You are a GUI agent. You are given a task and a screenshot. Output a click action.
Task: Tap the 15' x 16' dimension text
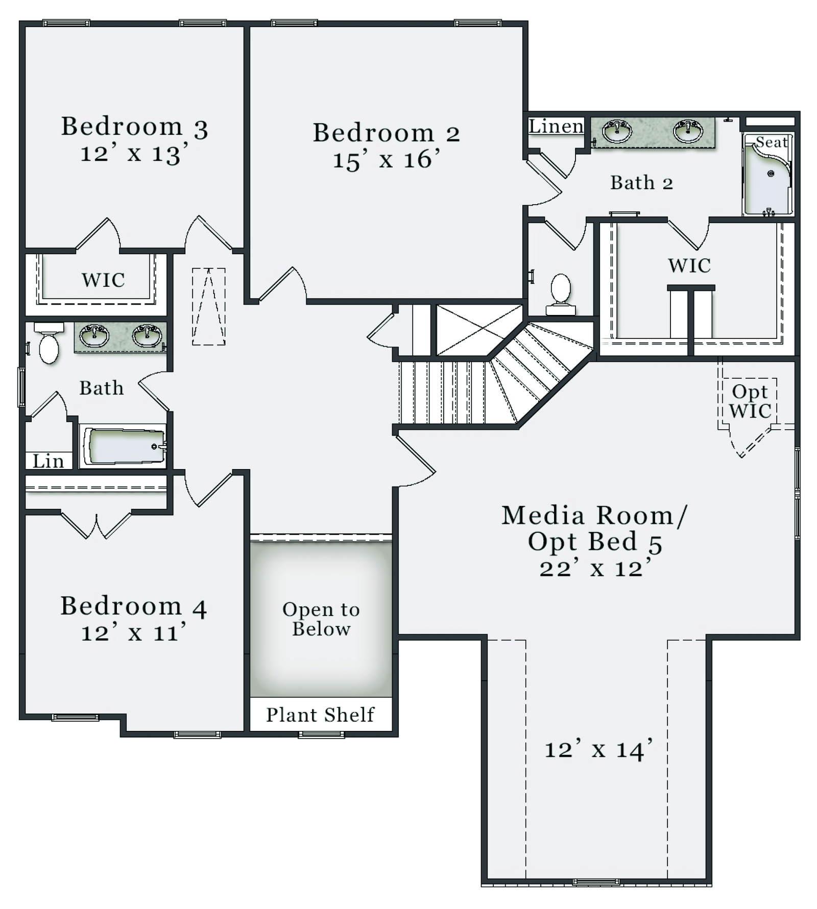[386, 160]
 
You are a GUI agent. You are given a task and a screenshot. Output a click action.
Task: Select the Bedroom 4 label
[133, 606]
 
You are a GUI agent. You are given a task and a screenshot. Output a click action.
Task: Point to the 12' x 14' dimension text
[598, 749]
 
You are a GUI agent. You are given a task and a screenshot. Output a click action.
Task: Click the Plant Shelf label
[320, 715]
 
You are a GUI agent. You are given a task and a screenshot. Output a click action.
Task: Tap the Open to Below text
[321, 619]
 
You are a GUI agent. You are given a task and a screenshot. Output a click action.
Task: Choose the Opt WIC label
[750, 401]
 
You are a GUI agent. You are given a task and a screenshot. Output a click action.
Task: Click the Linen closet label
[556, 126]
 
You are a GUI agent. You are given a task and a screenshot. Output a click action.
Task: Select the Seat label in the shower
[772, 142]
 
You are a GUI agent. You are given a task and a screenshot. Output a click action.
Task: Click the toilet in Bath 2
[561, 294]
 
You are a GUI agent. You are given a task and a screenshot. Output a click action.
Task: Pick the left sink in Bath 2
[617, 131]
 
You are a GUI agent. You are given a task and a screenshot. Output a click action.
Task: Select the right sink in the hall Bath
[147, 335]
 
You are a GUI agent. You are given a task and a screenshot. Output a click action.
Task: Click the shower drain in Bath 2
[771, 174]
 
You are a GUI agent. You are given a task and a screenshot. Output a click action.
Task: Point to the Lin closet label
[48, 461]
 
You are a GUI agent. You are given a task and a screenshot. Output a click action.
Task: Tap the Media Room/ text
[594, 515]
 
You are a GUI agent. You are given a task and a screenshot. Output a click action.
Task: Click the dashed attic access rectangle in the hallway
[209, 306]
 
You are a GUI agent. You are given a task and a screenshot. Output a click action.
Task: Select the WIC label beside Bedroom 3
[103, 280]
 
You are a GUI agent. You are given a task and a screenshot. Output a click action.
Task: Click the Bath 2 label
[641, 182]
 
